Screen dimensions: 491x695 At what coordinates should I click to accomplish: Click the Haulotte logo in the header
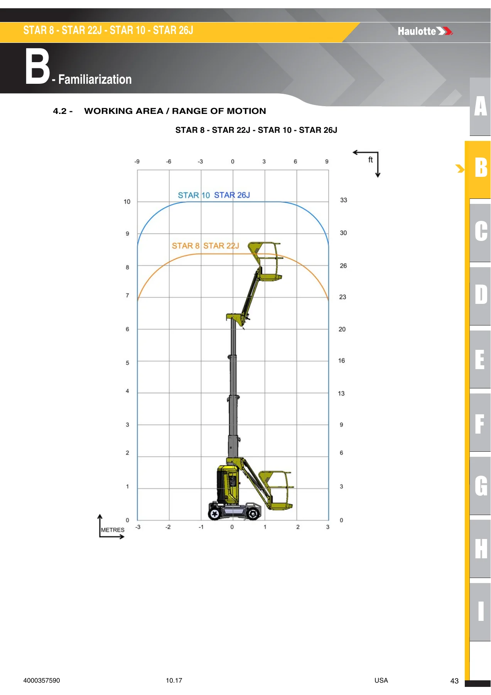point(425,31)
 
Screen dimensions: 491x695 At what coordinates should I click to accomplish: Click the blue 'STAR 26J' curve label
point(232,195)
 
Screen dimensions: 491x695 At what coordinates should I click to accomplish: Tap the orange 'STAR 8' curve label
point(186,246)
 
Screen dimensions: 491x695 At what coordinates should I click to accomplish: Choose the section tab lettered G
point(480,485)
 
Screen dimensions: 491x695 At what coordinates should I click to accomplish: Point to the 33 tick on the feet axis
point(343,200)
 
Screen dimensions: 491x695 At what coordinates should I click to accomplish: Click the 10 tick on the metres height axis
point(127,202)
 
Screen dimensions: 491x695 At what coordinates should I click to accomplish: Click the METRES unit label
point(113,530)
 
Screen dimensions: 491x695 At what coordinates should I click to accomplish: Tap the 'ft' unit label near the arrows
point(370,159)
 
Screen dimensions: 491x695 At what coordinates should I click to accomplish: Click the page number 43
point(454,681)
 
